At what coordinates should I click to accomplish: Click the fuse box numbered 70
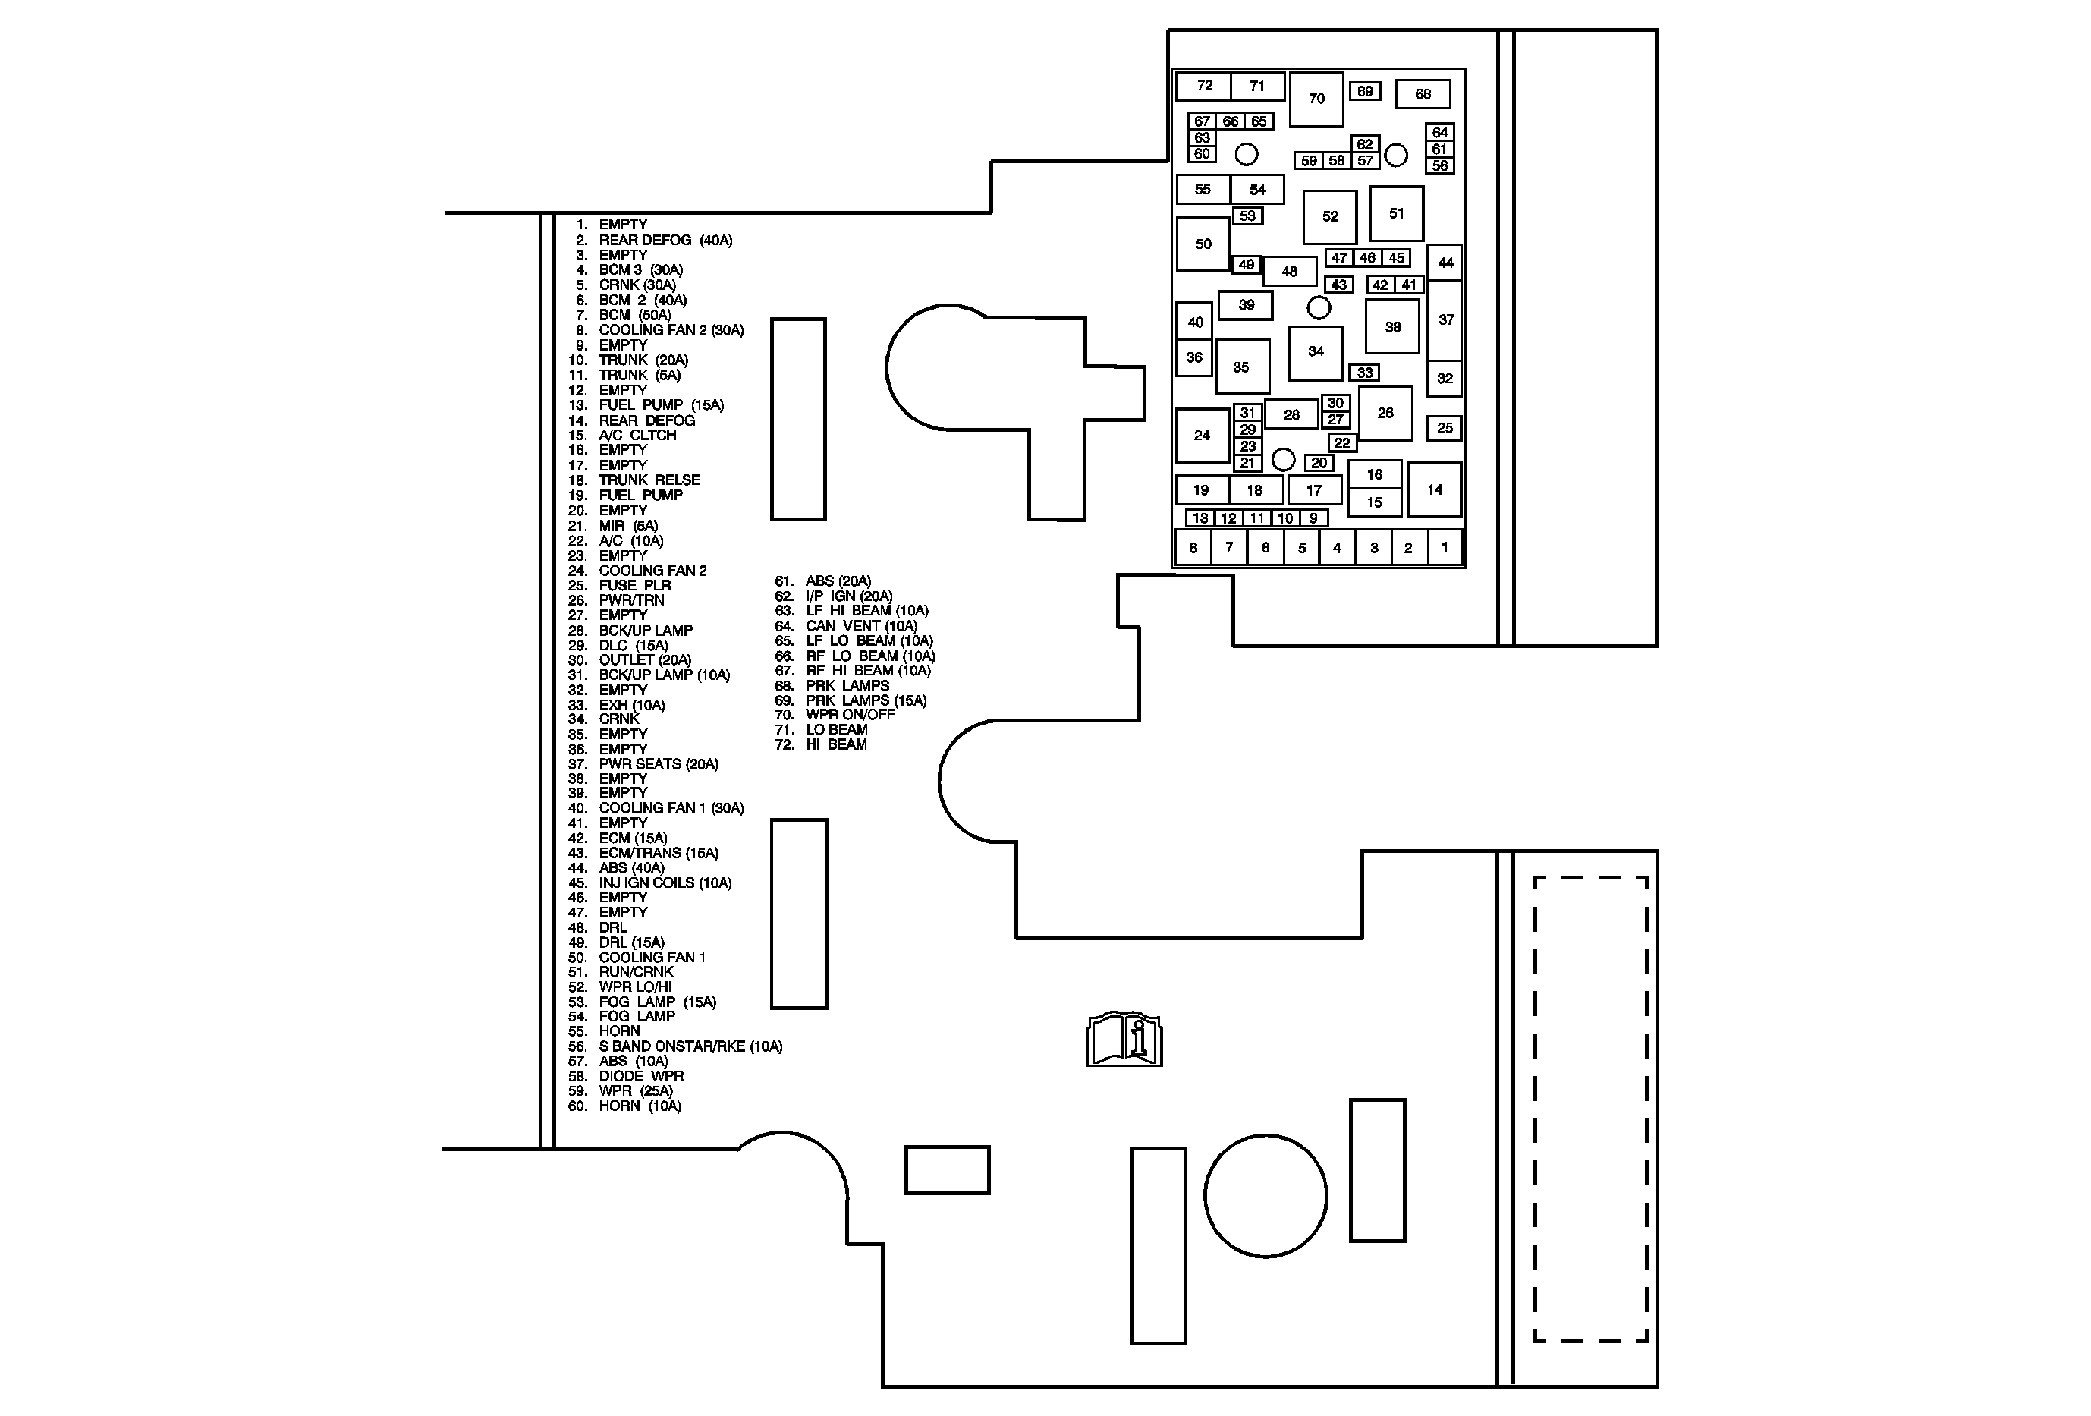click(1316, 99)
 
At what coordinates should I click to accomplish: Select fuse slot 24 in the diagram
click(1202, 436)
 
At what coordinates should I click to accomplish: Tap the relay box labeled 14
click(1434, 489)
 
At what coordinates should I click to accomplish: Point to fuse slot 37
click(1445, 319)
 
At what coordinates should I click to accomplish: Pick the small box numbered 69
click(1365, 91)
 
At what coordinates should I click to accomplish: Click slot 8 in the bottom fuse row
click(1193, 547)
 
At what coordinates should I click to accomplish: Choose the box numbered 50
click(1203, 244)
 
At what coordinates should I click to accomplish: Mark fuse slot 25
click(1444, 428)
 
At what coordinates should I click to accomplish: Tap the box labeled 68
click(1423, 93)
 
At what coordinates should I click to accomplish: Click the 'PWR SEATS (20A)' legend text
click(658, 764)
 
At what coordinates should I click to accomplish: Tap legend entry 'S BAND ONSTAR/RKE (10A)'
click(690, 1046)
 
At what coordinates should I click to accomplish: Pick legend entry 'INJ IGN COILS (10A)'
click(665, 883)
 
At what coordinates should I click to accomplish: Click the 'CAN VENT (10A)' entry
click(861, 625)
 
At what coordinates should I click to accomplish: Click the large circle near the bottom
click(1265, 1196)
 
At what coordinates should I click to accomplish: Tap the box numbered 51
click(1395, 213)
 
